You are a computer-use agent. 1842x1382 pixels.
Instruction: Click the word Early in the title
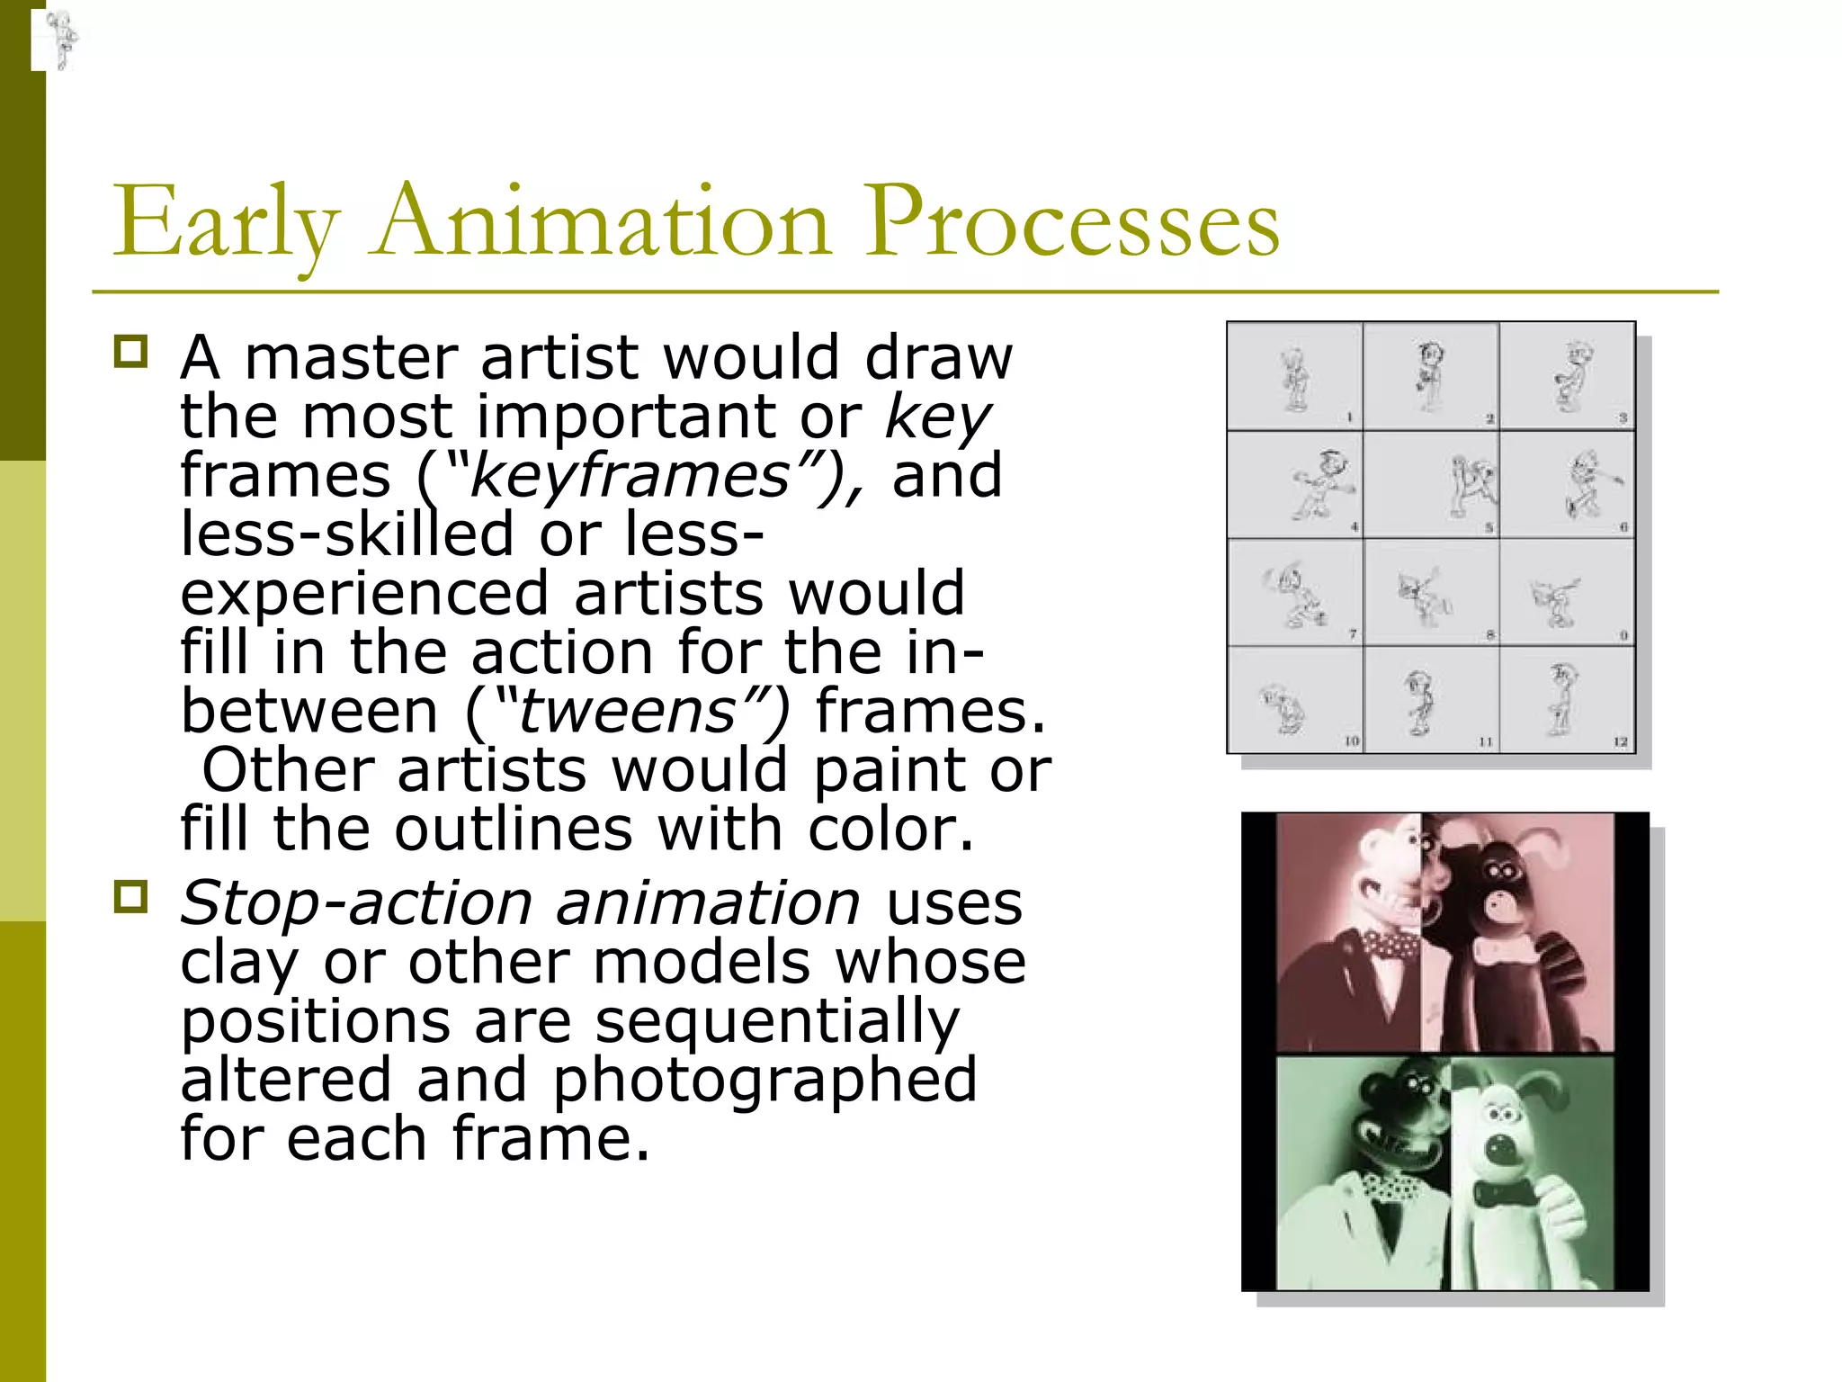[225, 222]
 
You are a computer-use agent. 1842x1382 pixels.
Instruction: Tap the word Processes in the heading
[1072, 222]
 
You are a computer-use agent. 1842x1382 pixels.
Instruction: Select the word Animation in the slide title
[602, 222]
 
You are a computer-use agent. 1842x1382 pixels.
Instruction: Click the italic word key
[938, 417]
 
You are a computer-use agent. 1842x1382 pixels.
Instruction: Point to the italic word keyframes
[630, 476]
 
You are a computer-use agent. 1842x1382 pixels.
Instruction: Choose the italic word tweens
[627, 712]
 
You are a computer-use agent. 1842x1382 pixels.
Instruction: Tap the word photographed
[764, 1080]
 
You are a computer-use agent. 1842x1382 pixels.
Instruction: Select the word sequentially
[777, 1021]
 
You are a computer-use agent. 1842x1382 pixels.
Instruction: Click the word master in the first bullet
[352, 358]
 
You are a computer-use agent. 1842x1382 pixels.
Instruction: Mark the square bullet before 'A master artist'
[131, 351]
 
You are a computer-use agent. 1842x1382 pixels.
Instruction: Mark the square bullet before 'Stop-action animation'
[131, 896]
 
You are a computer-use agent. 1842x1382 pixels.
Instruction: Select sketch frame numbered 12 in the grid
[1567, 700]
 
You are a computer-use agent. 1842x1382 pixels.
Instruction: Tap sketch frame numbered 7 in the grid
[1295, 593]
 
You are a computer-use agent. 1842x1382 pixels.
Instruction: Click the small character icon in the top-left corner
[61, 40]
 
